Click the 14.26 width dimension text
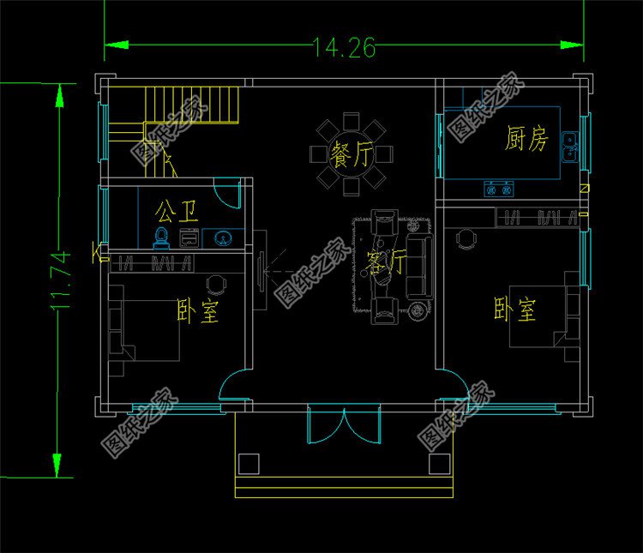coord(344,48)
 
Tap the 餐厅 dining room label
coord(352,156)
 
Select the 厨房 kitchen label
coord(526,139)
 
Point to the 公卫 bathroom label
coord(176,208)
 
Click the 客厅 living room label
coord(386,264)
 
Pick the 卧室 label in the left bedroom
coord(197,310)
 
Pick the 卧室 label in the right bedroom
coord(514,309)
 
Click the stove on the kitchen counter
coord(500,186)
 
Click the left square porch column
coord(248,464)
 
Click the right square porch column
coord(439,464)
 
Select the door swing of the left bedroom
coord(232,385)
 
